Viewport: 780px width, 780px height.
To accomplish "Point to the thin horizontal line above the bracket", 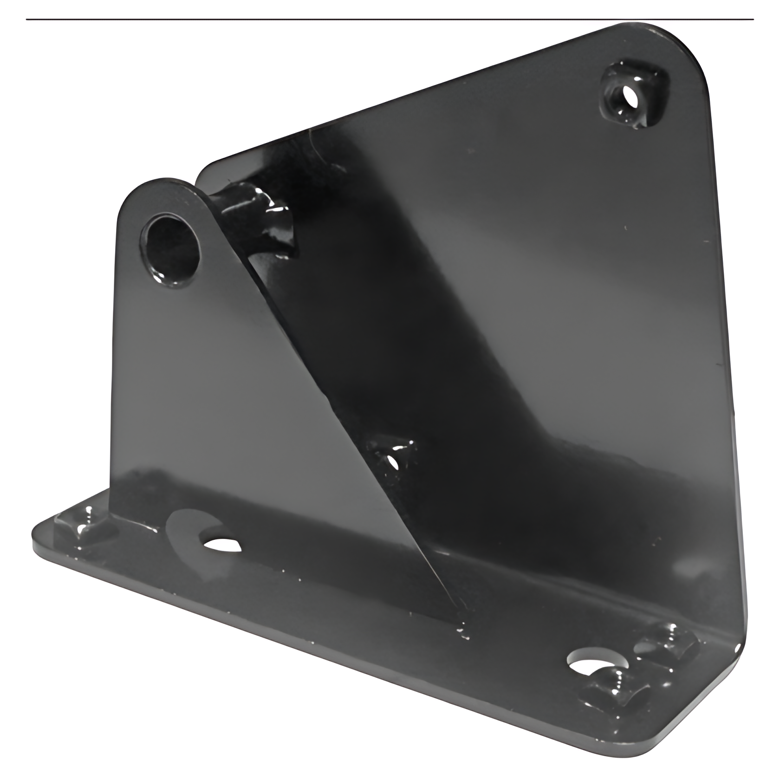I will [390, 19].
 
